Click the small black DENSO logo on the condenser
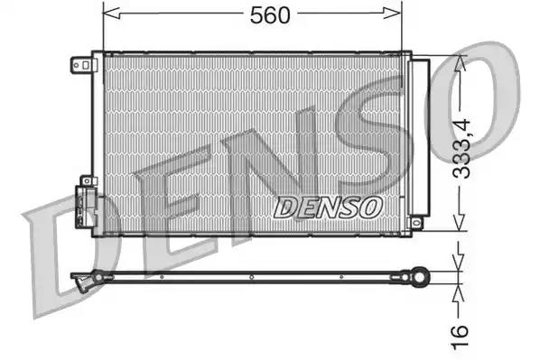327,207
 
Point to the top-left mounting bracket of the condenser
81,64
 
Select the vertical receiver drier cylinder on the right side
421,140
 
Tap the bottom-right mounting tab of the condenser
415,222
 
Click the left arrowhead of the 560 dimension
108,13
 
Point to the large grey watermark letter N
271,171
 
